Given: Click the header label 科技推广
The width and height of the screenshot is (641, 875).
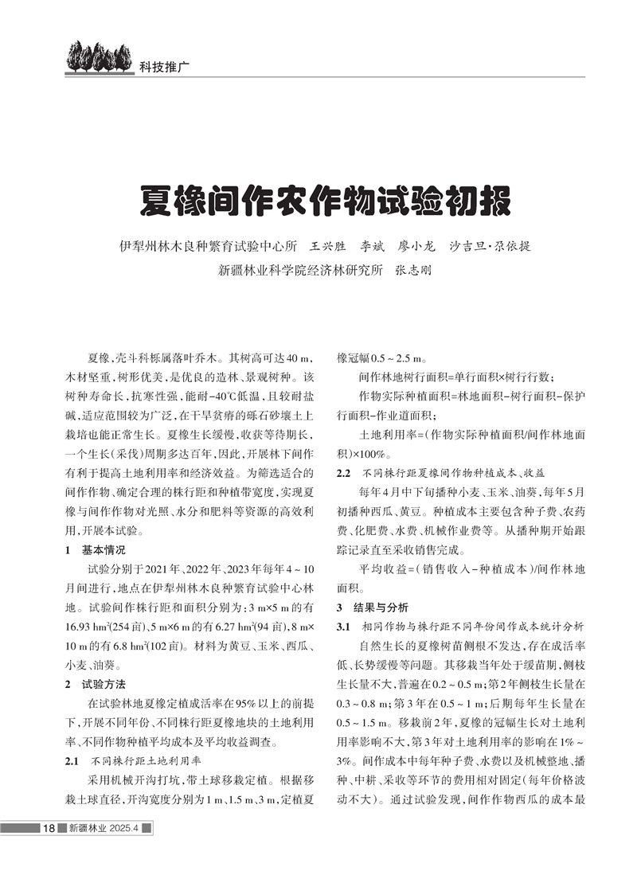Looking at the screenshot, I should tap(161, 67).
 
